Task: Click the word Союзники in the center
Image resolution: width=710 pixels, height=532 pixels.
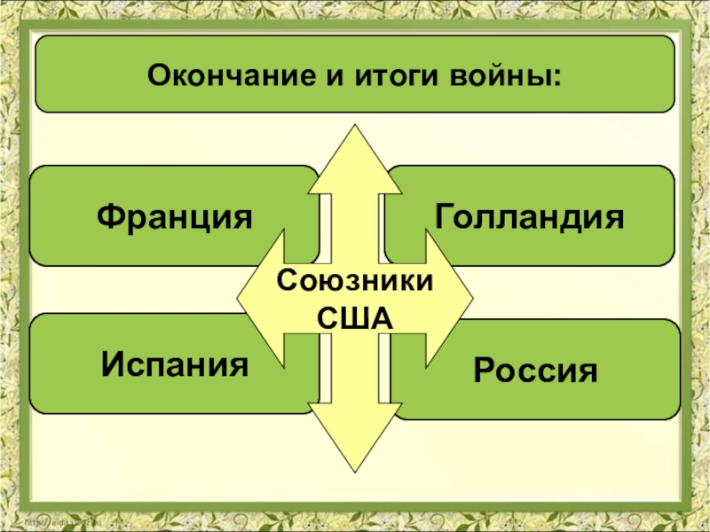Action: click(354, 284)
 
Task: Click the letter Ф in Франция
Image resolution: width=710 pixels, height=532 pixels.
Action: click(107, 215)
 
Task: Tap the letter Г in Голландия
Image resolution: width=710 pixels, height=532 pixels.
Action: click(443, 215)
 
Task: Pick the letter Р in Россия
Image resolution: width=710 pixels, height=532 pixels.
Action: click(484, 369)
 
